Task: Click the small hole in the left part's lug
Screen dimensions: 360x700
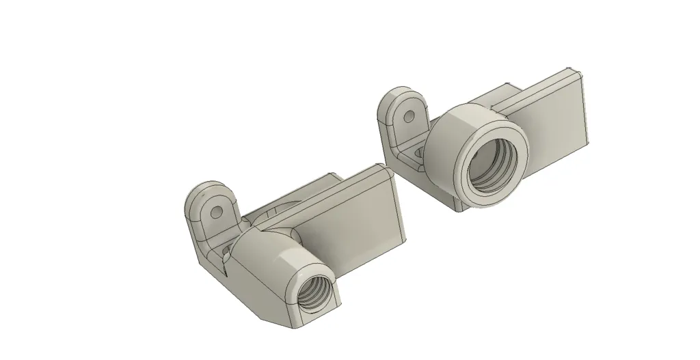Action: tap(216, 212)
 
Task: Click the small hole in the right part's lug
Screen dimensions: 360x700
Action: tap(409, 115)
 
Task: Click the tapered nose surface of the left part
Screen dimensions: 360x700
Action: tap(267, 266)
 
